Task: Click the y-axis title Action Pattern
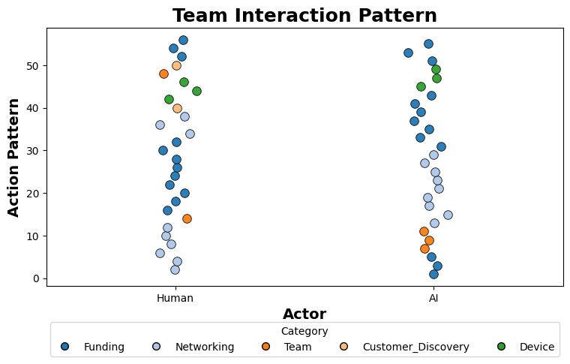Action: pos(14,157)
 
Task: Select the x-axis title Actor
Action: pos(304,314)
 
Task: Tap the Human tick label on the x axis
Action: pos(175,298)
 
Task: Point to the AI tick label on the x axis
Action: pos(433,298)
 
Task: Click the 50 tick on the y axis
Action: pos(33,66)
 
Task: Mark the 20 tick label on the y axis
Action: pos(33,194)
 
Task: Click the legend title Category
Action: pos(304,331)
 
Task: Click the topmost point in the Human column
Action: pos(183,40)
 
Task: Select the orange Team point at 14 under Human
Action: pos(187,218)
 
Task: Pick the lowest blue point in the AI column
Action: pos(433,274)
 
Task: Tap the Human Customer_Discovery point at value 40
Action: pos(177,108)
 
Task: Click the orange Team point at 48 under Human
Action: pos(163,74)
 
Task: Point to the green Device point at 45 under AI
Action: pos(421,86)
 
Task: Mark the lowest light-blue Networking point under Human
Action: pos(175,269)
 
